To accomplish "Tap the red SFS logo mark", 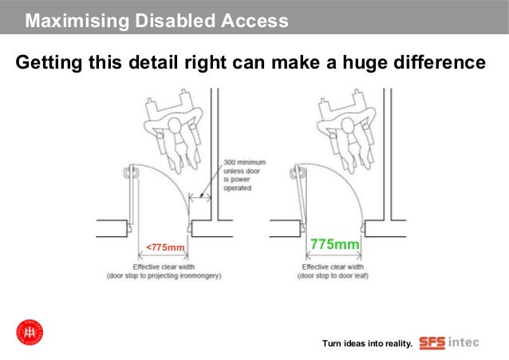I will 432,342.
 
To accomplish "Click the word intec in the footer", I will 464,342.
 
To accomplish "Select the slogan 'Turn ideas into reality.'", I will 367,344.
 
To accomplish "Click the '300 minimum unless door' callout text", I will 244,168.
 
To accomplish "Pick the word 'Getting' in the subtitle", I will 47,61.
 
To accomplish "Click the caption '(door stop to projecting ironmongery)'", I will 164,276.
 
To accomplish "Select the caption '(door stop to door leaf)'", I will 333,276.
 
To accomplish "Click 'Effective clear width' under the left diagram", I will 164,267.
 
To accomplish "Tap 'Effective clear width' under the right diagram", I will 333,267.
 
